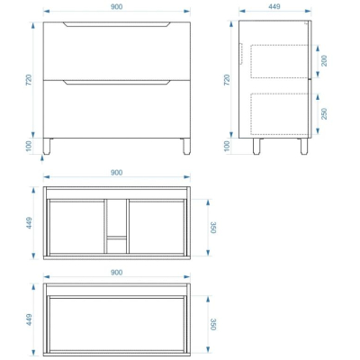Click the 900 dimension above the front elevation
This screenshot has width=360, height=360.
click(x=116, y=6)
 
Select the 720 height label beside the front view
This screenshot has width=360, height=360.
click(x=29, y=80)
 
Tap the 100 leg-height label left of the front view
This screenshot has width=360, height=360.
click(x=29, y=147)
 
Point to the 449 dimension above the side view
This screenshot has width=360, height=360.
click(x=274, y=6)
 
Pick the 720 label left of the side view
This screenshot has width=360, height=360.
click(x=227, y=80)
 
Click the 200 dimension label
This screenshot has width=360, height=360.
click(x=324, y=61)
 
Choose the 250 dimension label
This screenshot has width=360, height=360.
click(x=324, y=113)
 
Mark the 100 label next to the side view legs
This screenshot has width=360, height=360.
click(x=227, y=146)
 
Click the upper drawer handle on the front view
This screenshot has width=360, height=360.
click(x=117, y=24)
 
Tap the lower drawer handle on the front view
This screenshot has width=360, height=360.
click(x=117, y=83)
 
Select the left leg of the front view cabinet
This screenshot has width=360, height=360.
click(x=47, y=147)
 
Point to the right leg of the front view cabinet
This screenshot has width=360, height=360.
click(x=186, y=147)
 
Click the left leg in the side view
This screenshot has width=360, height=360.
click(x=256, y=147)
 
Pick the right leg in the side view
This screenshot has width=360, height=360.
click(x=304, y=147)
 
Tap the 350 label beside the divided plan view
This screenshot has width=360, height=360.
click(x=213, y=228)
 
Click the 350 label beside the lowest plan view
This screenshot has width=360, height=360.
click(x=213, y=324)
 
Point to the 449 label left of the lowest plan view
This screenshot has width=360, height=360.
click(x=29, y=319)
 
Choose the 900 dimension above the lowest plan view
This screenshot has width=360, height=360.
click(x=116, y=272)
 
